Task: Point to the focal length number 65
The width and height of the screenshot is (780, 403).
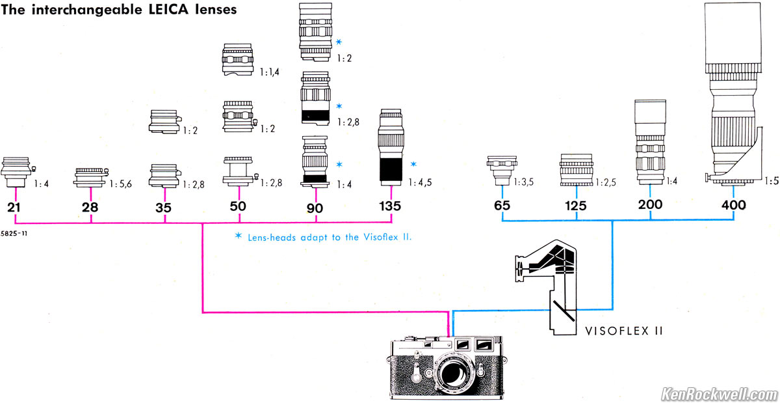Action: (502, 206)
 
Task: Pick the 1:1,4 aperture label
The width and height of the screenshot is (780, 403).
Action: (268, 72)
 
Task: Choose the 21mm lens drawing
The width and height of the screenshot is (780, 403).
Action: (16, 171)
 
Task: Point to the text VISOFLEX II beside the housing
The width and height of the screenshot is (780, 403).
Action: (623, 330)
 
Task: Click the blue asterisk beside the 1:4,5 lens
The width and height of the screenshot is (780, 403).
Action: (413, 163)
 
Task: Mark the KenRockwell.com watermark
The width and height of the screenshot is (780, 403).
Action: (718, 394)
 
